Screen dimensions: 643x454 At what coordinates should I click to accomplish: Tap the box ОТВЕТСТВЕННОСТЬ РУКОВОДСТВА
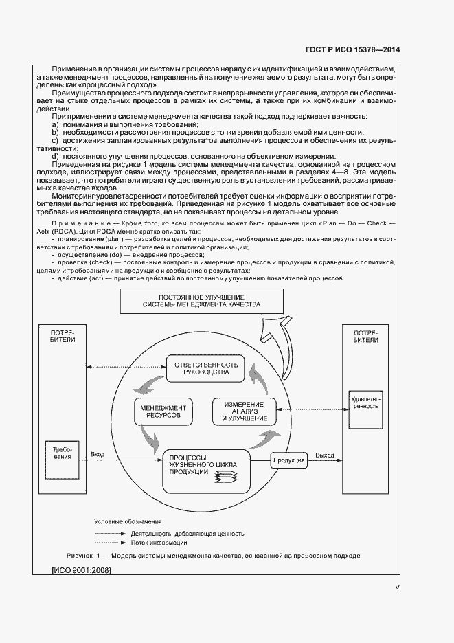(206, 368)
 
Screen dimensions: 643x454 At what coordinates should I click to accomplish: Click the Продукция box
(288, 460)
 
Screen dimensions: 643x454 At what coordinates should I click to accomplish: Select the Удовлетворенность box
(364, 401)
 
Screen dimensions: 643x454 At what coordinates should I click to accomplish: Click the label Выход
(325, 455)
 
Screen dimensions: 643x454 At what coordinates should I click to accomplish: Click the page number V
(397, 587)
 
